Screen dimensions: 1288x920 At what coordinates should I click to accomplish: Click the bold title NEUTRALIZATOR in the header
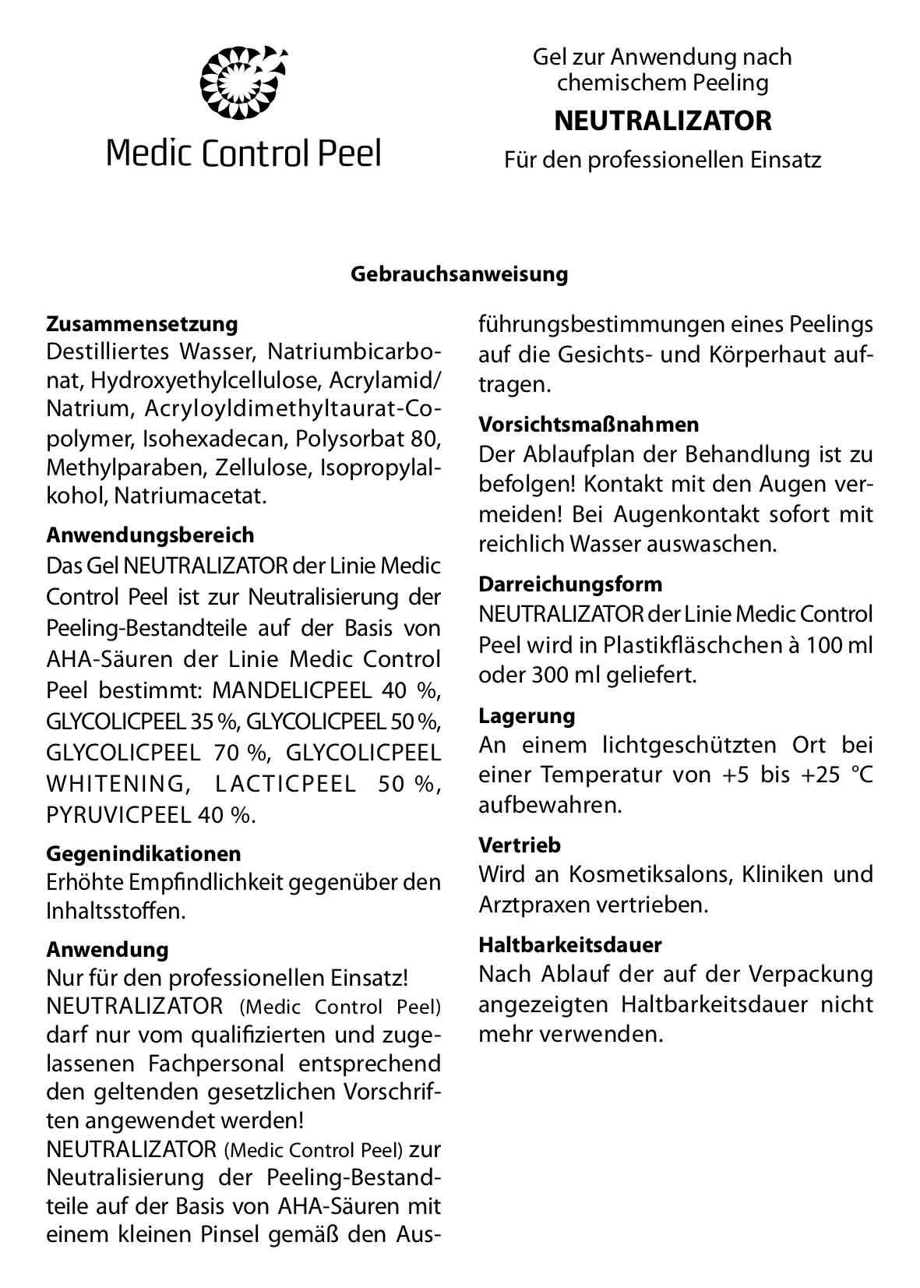[662, 121]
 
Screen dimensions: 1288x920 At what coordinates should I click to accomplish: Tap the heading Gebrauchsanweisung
[459, 274]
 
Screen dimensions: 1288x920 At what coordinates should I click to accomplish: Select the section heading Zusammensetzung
[142, 323]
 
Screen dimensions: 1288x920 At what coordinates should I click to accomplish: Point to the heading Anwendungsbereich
[150, 535]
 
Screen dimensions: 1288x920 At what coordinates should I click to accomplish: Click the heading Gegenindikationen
[143, 853]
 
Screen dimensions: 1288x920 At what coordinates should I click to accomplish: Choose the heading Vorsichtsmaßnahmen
[589, 425]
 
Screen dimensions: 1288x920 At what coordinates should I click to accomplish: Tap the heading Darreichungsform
[570, 584]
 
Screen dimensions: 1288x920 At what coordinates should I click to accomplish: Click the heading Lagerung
[527, 715]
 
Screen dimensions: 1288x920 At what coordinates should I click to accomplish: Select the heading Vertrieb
[520, 845]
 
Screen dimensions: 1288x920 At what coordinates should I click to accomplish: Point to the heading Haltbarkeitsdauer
[570, 944]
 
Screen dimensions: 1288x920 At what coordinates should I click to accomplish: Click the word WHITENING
[114, 784]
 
